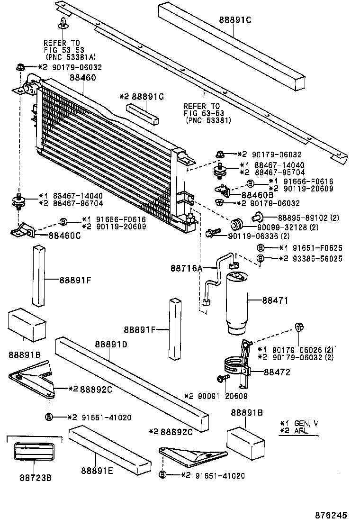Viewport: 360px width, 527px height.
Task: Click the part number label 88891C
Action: (235, 20)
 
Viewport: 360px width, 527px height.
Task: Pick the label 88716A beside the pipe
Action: (187, 268)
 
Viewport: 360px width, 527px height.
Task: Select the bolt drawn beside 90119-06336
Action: (212, 233)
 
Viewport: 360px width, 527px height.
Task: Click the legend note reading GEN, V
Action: (301, 423)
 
